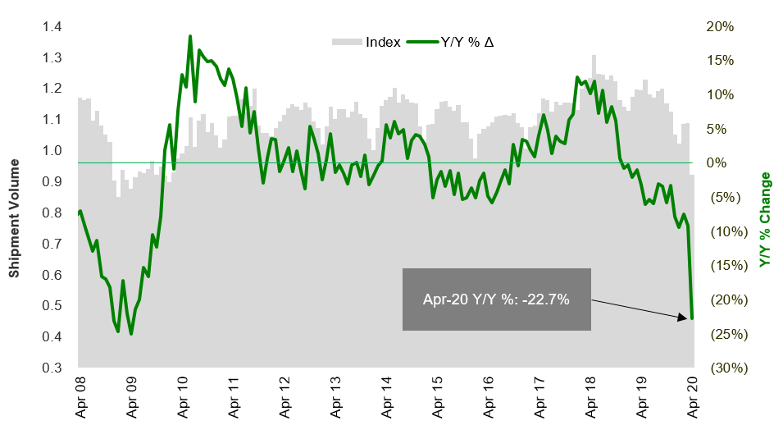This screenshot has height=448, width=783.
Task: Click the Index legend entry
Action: [x=366, y=42]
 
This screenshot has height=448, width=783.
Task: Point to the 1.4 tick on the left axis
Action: [x=53, y=27]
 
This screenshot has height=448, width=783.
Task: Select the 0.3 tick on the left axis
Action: [x=53, y=368]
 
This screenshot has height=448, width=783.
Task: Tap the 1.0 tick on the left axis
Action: [x=53, y=151]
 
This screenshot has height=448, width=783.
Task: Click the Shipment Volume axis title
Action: [x=15, y=197]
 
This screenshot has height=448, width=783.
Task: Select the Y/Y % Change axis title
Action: [x=766, y=220]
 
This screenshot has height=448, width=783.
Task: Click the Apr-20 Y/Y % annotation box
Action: [x=496, y=299]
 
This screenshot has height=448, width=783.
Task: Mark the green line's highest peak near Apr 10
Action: [x=190, y=36]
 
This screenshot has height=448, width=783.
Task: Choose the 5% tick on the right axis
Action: [x=722, y=128]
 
